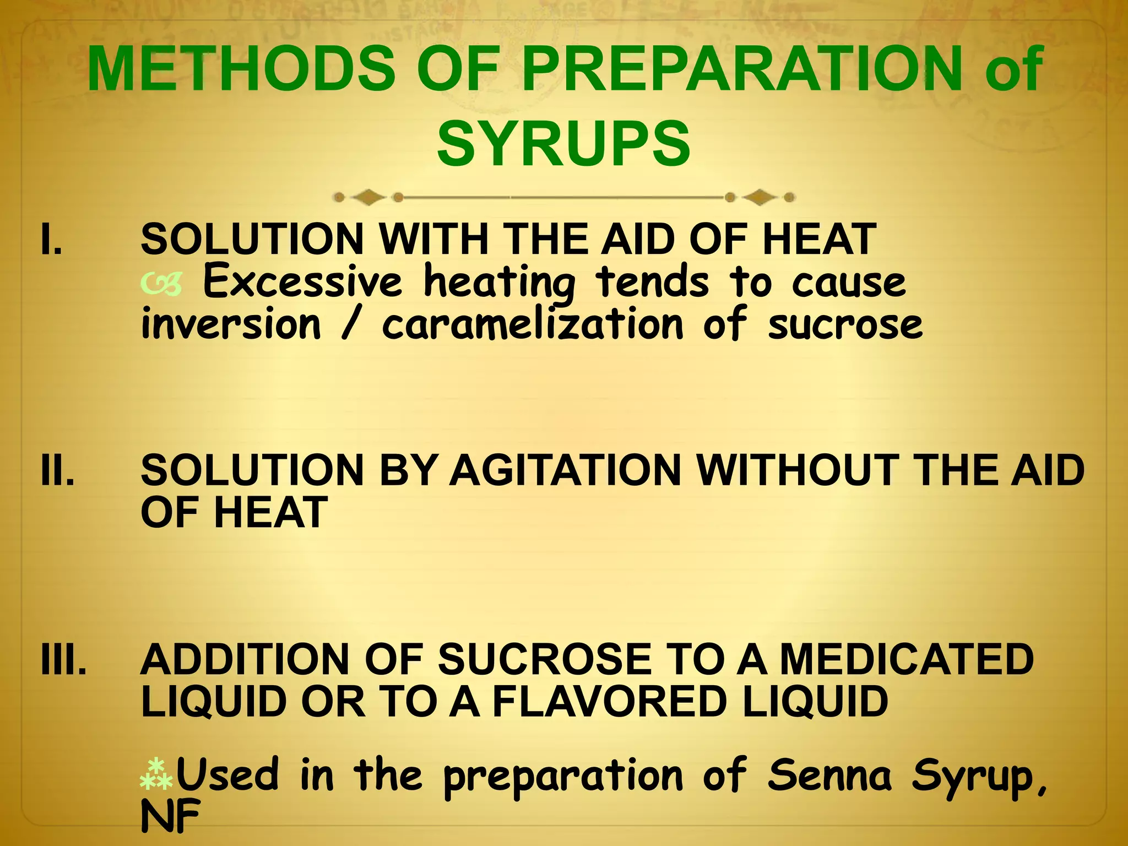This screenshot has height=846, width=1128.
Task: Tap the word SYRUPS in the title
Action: click(563, 144)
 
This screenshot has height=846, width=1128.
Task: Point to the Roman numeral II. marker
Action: click(57, 471)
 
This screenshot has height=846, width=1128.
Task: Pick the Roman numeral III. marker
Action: click(63, 659)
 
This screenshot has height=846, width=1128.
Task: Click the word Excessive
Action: click(303, 281)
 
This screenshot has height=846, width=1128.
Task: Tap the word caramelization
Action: click(533, 324)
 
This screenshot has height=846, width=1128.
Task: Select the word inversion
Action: click(231, 324)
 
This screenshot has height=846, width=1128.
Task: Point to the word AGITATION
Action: click(566, 471)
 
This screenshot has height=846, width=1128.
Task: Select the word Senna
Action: click(829, 775)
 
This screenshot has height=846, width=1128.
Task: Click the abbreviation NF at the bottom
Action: click(170, 817)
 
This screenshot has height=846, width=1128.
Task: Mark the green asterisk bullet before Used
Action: click(156, 774)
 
